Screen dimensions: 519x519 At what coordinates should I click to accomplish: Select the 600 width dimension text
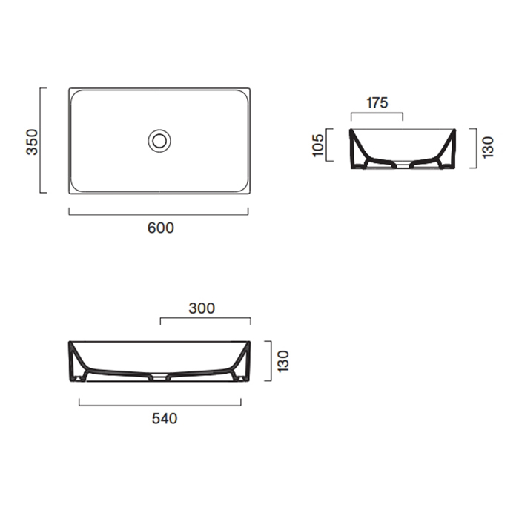pyautogui.click(x=160, y=228)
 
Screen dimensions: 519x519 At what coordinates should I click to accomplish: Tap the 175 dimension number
pyautogui.click(x=377, y=103)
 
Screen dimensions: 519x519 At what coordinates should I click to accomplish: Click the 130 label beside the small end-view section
pyautogui.click(x=487, y=148)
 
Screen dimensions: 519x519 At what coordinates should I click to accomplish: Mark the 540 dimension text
pyautogui.click(x=164, y=419)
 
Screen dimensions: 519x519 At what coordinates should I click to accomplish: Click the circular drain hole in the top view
pyautogui.click(x=159, y=140)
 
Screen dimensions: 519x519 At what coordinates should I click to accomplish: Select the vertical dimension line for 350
pyautogui.click(x=43, y=141)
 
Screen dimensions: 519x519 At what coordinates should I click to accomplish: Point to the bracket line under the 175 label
pyautogui.click(x=377, y=114)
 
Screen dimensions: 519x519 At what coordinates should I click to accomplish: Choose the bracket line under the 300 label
pyautogui.click(x=205, y=320)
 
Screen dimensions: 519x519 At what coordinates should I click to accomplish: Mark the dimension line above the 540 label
pyautogui.click(x=160, y=404)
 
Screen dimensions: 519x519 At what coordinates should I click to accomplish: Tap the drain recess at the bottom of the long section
pyautogui.click(x=160, y=377)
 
